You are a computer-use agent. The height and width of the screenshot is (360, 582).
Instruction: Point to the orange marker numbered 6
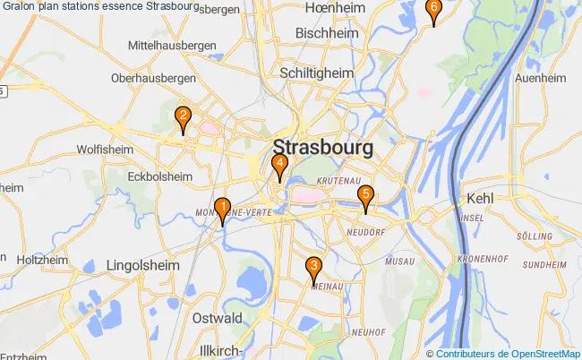[x=434, y=11]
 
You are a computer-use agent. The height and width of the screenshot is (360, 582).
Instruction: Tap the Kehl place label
[x=481, y=199]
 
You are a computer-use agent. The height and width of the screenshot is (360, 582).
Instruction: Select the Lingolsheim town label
[x=143, y=266]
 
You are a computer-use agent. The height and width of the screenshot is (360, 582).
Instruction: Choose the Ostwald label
[x=218, y=318]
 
